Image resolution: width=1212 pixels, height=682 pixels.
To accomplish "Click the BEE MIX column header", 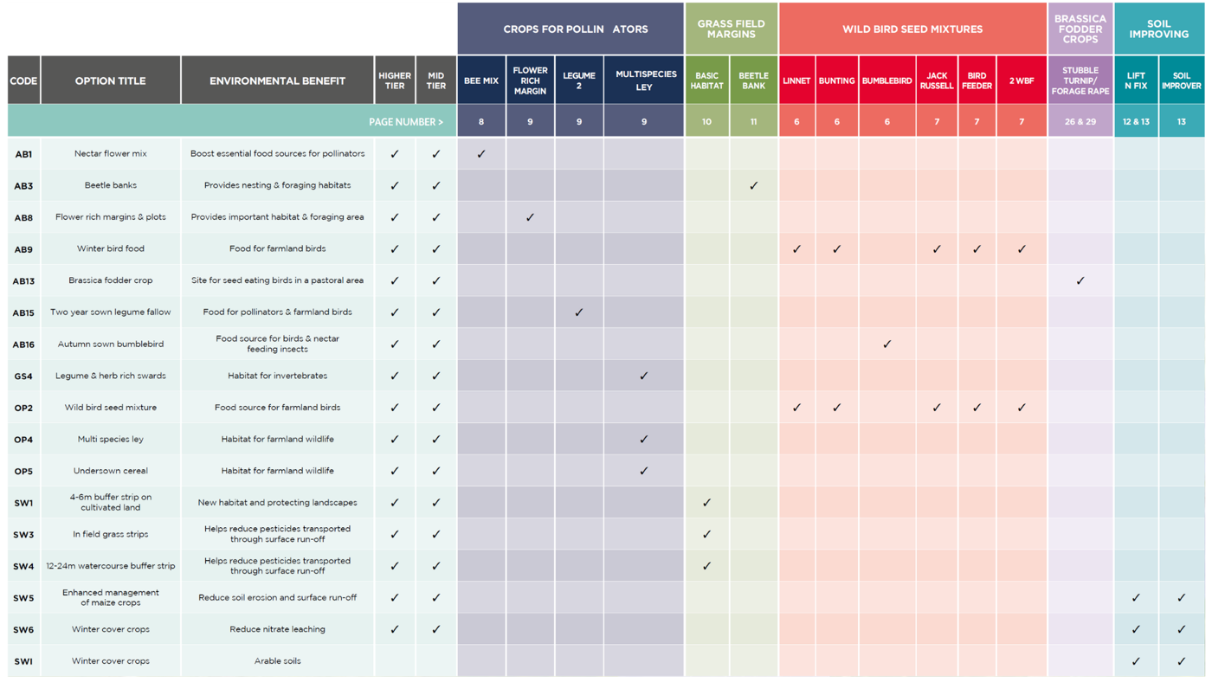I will click(481, 80).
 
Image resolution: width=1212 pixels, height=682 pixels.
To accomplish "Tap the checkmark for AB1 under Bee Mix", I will click(481, 154).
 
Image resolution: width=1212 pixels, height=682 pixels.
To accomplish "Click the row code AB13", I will click(23, 280).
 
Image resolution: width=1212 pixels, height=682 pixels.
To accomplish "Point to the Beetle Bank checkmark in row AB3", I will click(754, 185).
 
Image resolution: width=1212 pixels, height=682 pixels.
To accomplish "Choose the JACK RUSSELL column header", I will click(937, 80).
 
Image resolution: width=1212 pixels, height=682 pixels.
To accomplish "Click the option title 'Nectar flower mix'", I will click(111, 154).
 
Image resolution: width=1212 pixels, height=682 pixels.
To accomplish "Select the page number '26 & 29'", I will click(1080, 122).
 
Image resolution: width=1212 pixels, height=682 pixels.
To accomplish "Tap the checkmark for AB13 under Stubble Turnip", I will click(1080, 280).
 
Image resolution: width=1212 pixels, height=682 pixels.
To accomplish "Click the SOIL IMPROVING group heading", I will click(1158, 29).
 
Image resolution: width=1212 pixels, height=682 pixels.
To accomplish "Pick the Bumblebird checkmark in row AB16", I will click(887, 344).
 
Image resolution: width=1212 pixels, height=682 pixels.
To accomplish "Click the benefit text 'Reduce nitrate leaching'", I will click(277, 629).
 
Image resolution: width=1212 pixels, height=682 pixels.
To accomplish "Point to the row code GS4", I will click(23, 376).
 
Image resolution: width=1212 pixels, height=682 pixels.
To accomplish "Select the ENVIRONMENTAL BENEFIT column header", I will click(277, 80).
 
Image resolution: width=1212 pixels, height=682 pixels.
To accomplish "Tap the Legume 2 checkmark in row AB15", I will click(579, 312).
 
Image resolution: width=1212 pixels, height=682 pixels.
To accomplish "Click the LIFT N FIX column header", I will click(1136, 80).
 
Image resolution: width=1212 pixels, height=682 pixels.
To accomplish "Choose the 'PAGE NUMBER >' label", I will click(406, 122).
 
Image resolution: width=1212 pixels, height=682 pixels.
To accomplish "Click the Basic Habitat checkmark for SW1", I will click(706, 502).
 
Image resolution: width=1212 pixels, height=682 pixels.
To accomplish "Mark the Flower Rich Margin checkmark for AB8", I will click(530, 217).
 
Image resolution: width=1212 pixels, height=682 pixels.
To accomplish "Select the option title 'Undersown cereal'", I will click(111, 471).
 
